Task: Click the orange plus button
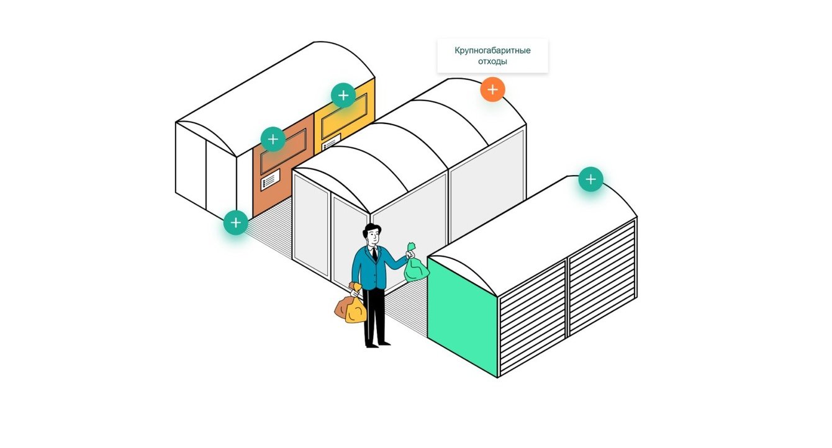[492, 90]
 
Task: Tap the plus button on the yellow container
[343, 96]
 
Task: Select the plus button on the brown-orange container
[273, 139]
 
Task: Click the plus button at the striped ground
[236, 222]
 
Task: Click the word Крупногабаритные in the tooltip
[492, 50]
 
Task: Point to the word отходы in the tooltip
[492, 61]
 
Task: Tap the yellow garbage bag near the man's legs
[355, 310]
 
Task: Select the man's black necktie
[375, 253]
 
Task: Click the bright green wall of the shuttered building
[463, 313]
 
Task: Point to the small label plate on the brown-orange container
[270, 181]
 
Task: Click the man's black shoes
[377, 344]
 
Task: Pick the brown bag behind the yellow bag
[341, 308]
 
